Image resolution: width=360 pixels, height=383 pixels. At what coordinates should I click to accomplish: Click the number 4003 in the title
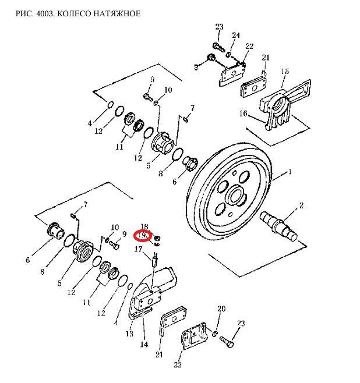(44, 13)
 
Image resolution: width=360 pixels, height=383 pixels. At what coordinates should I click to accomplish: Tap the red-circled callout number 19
(143, 235)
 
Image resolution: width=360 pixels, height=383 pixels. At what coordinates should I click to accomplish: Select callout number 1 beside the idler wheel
(290, 172)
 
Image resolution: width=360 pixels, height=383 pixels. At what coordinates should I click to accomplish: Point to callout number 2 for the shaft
(301, 205)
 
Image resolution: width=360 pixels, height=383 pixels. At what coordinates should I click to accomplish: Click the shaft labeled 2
(278, 225)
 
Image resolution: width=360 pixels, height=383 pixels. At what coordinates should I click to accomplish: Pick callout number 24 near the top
(235, 36)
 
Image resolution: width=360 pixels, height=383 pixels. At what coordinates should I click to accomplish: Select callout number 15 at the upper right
(285, 72)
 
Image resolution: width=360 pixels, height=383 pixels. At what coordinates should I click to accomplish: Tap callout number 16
(243, 114)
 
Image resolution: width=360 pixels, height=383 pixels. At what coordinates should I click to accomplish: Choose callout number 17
(138, 249)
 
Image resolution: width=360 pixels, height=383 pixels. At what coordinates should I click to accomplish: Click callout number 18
(144, 226)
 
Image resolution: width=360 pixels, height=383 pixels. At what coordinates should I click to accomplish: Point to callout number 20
(221, 308)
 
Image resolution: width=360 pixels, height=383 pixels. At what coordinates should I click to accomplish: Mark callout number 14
(144, 345)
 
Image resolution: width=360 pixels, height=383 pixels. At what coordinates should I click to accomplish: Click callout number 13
(129, 334)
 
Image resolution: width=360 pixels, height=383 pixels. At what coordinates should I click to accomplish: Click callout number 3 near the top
(196, 67)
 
